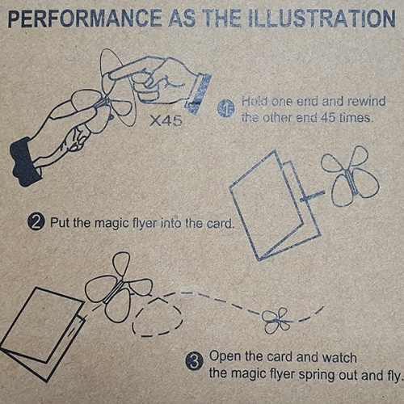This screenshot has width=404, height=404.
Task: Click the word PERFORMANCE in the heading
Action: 85,19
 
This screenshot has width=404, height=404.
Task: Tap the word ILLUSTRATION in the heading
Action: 322,19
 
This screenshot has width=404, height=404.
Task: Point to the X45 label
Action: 166,120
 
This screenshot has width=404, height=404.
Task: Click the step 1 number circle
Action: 225,108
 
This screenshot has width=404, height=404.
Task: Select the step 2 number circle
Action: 36,222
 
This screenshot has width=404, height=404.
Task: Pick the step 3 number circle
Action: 194,362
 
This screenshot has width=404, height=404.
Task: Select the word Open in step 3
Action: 225,357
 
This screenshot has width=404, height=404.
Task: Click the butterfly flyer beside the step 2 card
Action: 350,176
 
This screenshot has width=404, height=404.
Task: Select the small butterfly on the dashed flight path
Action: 277,321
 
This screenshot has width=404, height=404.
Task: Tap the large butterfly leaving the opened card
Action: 119,288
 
